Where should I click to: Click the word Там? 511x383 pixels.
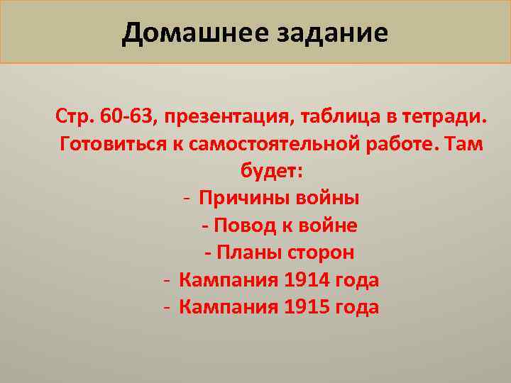[x=467, y=143]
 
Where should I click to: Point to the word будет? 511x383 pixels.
[x=272, y=171]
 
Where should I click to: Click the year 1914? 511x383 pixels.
[x=306, y=279]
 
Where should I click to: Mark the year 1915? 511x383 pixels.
[x=306, y=307]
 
